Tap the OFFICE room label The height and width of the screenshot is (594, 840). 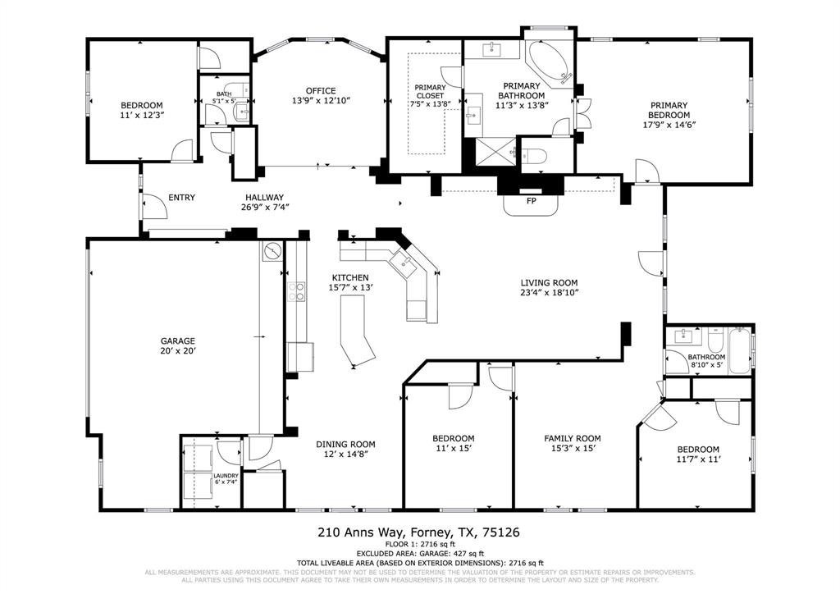321,91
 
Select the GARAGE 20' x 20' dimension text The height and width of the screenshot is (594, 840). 177,350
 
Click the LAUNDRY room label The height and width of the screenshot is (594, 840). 226,476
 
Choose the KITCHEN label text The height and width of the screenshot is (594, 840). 350,277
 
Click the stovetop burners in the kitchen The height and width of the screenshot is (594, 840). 295,290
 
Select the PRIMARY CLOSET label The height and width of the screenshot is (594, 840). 430,92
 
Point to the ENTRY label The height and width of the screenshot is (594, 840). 181,198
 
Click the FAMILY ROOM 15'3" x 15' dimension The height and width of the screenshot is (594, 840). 572,448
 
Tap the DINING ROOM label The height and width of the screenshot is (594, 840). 345,444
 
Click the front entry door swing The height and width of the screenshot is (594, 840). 154,205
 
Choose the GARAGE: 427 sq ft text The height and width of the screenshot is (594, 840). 419,554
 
